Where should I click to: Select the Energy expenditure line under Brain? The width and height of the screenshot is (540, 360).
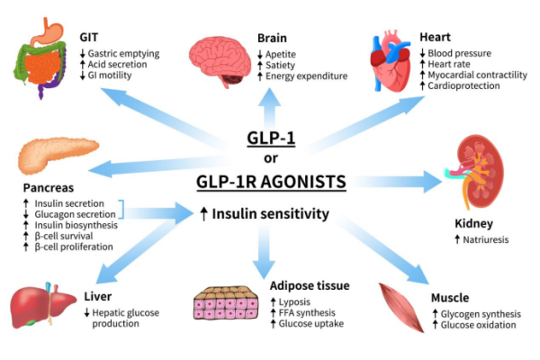click(307, 76)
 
